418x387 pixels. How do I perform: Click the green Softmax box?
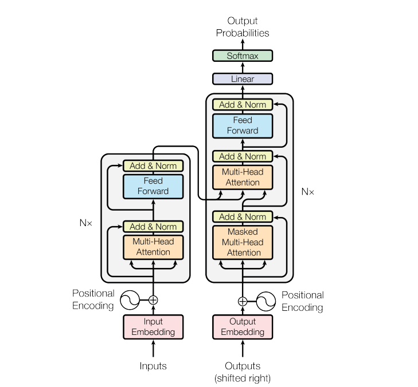(x=243, y=56)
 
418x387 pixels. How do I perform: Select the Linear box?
(x=243, y=79)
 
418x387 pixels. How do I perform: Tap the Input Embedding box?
(x=153, y=327)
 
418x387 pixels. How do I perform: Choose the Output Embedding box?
(x=243, y=327)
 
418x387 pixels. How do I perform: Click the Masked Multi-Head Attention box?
(x=243, y=242)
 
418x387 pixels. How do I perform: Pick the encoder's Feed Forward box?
(x=153, y=186)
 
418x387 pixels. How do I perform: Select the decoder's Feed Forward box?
(x=243, y=125)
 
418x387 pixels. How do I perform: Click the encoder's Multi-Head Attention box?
(x=153, y=247)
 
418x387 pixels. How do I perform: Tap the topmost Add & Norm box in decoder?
(x=243, y=105)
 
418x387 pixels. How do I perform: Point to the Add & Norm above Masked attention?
(x=243, y=216)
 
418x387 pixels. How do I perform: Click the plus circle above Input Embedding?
(x=153, y=300)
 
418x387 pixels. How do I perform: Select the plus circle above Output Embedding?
(x=243, y=301)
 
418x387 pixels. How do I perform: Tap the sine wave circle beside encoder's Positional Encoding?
(x=130, y=300)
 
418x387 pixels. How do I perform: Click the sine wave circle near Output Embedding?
(x=266, y=301)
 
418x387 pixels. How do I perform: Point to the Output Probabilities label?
(x=243, y=27)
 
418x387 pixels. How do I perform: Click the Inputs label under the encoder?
(x=153, y=366)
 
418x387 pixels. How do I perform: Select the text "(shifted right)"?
(x=243, y=378)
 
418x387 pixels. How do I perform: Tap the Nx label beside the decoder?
(x=308, y=192)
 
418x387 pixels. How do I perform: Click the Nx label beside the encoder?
(x=86, y=223)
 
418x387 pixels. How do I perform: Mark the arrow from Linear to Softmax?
(x=243, y=68)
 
